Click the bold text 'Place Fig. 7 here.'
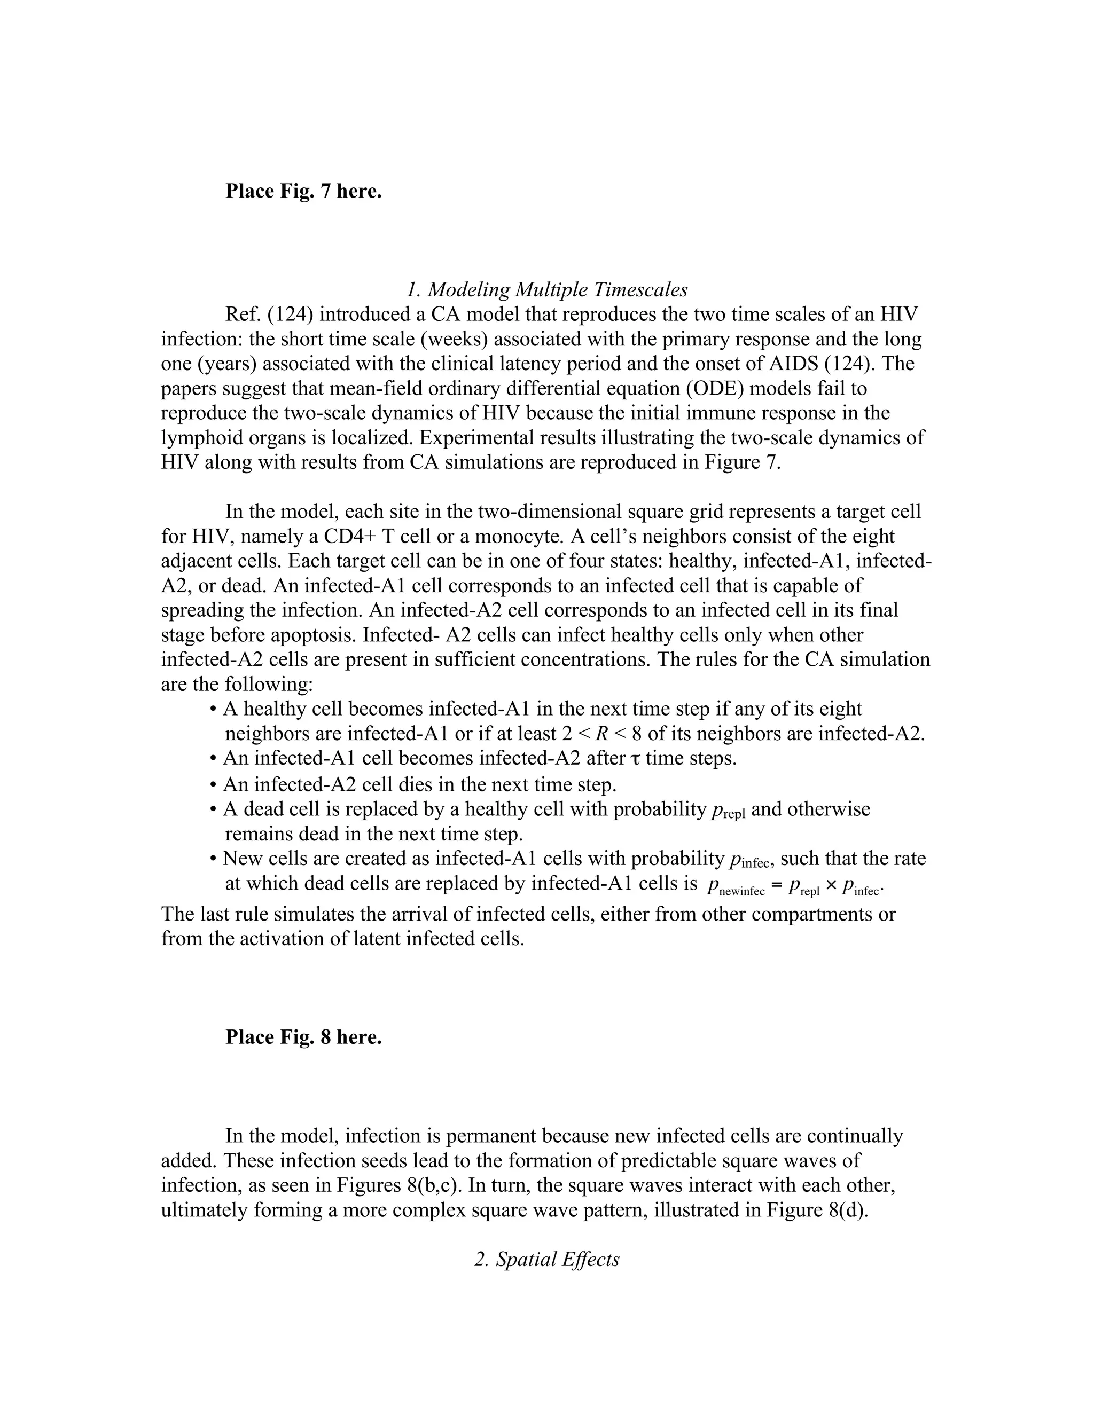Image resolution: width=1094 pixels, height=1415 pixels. point(303,191)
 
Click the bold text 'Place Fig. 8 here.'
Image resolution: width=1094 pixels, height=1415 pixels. point(303,1037)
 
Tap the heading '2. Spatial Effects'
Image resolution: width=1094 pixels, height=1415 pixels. point(547,1259)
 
